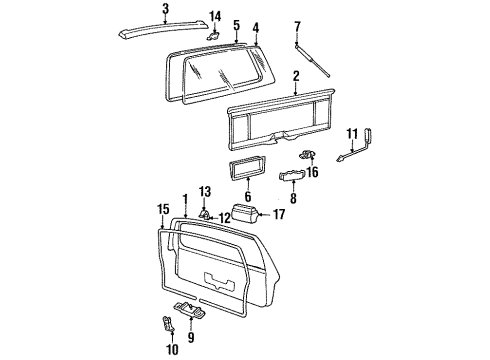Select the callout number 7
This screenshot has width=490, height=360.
pos(296,25)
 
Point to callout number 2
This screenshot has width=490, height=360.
pos(296,76)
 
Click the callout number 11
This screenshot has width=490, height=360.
pos(351,132)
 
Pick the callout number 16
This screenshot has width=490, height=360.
pos(313,172)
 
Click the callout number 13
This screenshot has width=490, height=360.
pos(204,190)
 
